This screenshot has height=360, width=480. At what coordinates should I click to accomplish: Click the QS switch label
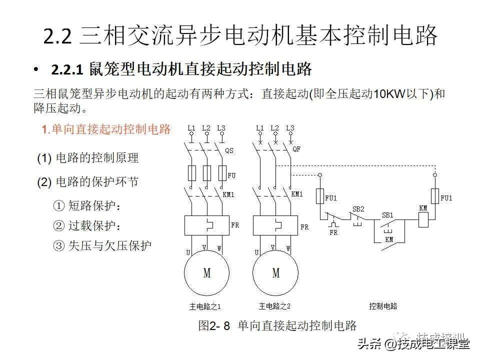[x=229, y=150]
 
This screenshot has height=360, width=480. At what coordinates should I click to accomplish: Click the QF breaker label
[x=296, y=149]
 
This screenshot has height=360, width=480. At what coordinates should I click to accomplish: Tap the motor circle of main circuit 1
[x=206, y=273]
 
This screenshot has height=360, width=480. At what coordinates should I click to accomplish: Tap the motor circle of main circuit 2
[x=275, y=273]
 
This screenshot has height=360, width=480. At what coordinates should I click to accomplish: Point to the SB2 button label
[x=358, y=209]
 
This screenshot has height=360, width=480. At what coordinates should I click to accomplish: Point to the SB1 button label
[x=387, y=215]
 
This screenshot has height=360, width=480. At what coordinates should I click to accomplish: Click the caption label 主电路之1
[x=205, y=306]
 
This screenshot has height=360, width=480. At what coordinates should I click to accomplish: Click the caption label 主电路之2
[x=274, y=306]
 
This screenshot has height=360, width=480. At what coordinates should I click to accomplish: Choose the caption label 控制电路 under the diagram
[x=383, y=306]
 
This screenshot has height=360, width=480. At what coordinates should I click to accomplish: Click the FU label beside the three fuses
[x=231, y=175]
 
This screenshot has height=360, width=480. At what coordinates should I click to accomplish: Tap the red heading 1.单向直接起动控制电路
[x=106, y=129]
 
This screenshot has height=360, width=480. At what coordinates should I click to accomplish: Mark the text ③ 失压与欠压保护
[x=102, y=245]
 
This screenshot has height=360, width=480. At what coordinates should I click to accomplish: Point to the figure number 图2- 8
[x=214, y=326]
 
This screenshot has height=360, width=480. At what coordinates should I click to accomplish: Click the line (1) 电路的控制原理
[x=88, y=158]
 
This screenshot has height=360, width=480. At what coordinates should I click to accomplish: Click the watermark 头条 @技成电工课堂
[x=413, y=343]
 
